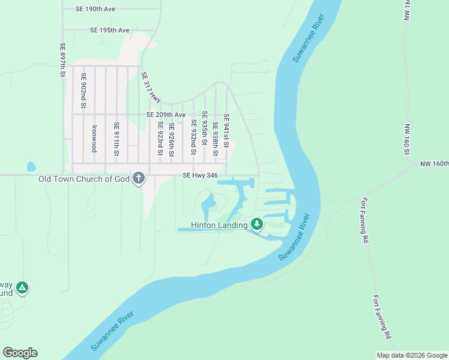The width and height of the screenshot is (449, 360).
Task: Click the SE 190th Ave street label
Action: tap(95, 10)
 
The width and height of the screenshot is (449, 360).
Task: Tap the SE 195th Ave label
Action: tap(110, 30)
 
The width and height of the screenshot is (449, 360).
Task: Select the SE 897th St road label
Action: tap(62, 60)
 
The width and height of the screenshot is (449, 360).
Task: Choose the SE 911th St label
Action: tap(116, 138)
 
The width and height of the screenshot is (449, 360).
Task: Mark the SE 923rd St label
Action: tap(160, 139)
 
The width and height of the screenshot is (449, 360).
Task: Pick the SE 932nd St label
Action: tap(194, 137)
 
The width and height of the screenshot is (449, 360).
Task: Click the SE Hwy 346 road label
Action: tap(200, 175)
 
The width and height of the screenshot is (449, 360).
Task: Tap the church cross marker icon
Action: tap(139, 178)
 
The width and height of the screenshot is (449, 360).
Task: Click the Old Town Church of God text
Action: tap(85, 179)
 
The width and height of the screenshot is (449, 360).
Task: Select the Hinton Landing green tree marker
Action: tap(257, 224)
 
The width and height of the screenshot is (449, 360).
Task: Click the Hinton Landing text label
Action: tap(219, 226)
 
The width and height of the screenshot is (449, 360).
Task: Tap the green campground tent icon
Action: tap(22, 288)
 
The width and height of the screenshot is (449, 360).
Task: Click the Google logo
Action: tap(20, 353)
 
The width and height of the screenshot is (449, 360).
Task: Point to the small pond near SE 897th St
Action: tap(31, 166)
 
